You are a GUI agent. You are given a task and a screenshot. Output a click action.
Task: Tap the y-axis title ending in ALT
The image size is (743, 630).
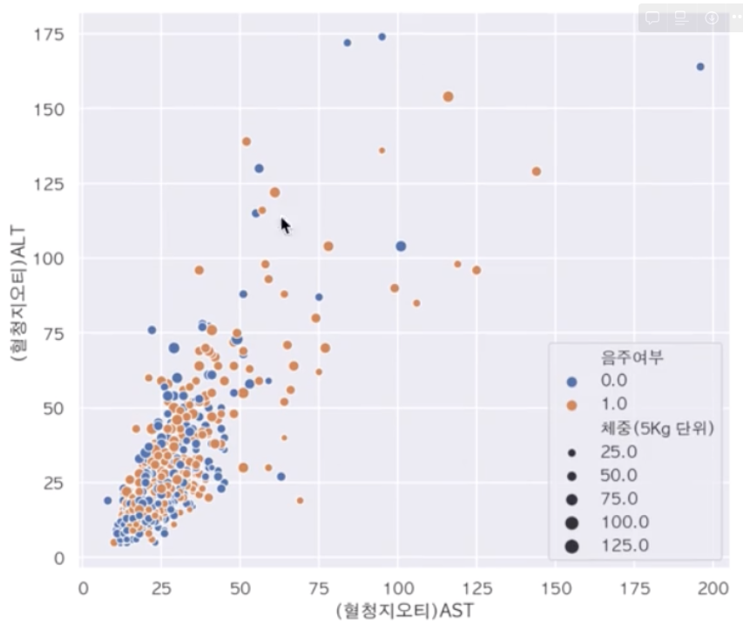[18, 296]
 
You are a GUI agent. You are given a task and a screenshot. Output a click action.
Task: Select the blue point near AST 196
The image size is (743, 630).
[700, 67]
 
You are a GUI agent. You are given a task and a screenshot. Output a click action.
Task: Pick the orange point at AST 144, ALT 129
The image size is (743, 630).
[537, 172]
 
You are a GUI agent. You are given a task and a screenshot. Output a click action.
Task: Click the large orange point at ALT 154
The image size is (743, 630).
[449, 97]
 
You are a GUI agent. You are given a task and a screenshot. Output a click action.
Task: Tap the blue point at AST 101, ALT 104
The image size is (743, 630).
[401, 247]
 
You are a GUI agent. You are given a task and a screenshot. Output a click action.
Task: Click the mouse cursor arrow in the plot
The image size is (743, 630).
[285, 226]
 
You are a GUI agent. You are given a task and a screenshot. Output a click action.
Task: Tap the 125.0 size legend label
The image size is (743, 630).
[625, 546]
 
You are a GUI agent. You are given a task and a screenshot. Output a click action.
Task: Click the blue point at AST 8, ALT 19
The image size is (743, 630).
[108, 501]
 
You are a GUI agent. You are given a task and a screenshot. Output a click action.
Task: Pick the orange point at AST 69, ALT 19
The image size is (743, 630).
[301, 501]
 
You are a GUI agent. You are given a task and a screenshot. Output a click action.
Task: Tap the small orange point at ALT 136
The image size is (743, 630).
[382, 151]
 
